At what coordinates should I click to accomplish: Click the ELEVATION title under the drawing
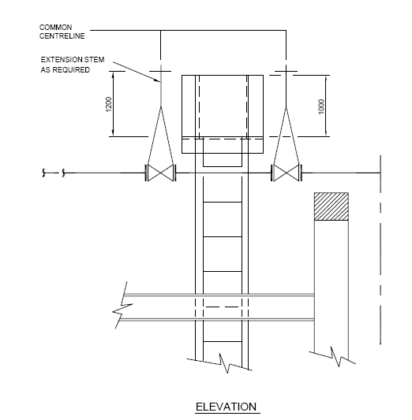(x=226, y=407)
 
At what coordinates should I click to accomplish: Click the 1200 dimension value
(x=109, y=103)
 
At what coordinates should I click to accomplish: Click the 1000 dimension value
(x=322, y=105)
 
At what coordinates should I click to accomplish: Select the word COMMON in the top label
(x=54, y=27)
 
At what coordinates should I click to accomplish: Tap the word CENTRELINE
(x=61, y=35)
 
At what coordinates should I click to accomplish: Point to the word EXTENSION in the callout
(x=58, y=60)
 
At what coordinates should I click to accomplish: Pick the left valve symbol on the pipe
(x=160, y=173)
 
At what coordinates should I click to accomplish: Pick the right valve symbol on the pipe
(x=285, y=173)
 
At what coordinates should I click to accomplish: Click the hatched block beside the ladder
(x=331, y=206)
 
